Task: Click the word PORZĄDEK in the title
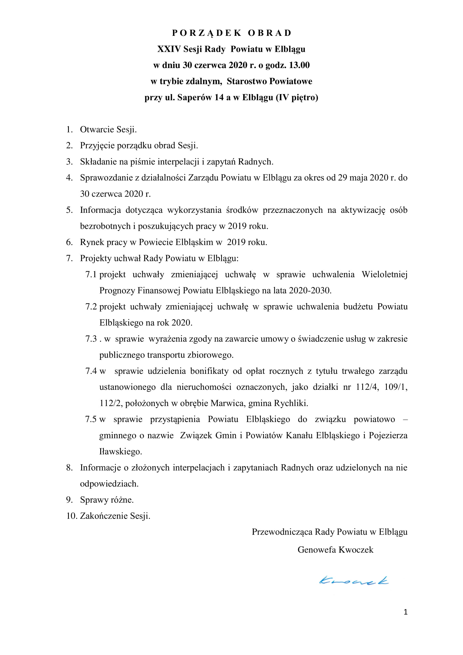(207, 33)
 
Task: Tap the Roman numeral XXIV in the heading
(169, 49)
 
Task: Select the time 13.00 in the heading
(299, 65)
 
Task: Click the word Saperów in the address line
(195, 97)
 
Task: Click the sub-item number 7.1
(91, 275)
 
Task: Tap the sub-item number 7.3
(91, 339)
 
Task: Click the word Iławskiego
(120, 452)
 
